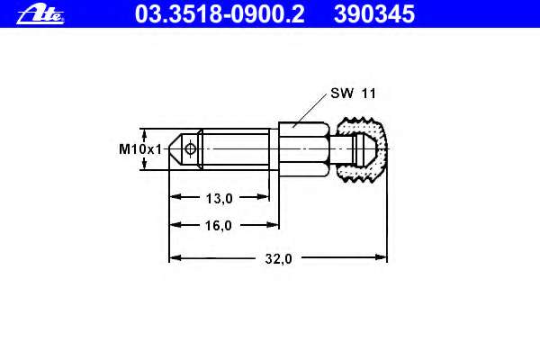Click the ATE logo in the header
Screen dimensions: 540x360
(40, 14)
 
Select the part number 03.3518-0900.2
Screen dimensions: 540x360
(220, 14)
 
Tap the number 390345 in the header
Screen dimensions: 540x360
(374, 14)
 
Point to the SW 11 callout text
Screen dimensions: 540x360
(354, 93)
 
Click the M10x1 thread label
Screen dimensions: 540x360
(140, 149)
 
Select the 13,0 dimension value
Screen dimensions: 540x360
(219, 198)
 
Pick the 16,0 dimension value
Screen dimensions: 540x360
(219, 226)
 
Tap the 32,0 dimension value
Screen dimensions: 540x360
(279, 258)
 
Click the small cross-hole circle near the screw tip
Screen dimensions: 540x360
(190, 149)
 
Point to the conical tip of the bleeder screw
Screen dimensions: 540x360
(175, 149)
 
